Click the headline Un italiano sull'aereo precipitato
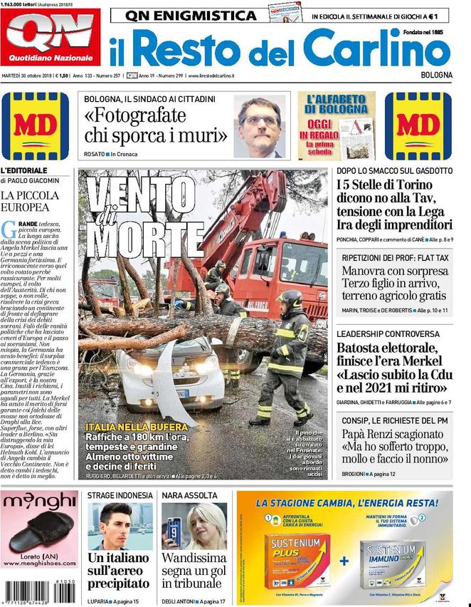(x=117, y=570)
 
